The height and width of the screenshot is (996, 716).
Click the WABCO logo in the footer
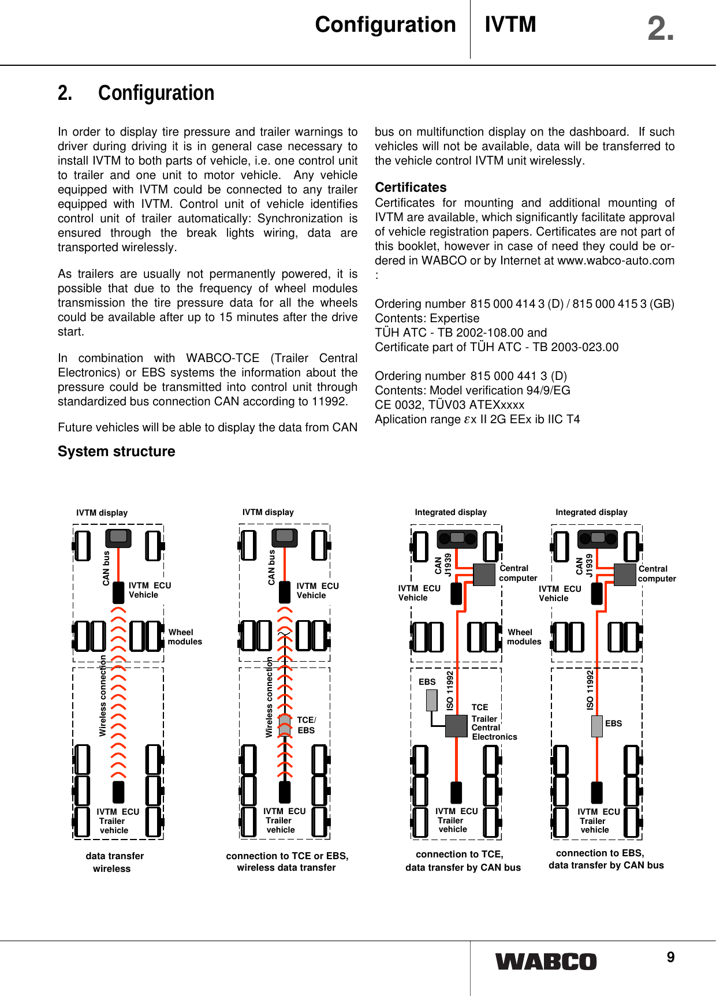(x=546, y=961)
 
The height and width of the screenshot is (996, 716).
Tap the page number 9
(x=670, y=958)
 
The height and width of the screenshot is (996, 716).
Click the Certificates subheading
(x=411, y=187)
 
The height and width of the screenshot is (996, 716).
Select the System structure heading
(x=116, y=452)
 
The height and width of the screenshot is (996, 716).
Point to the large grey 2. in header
(x=660, y=29)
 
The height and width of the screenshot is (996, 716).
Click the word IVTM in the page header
(x=510, y=24)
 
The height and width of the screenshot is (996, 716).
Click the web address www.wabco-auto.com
(x=616, y=260)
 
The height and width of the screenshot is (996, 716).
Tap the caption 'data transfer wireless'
(x=114, y=862)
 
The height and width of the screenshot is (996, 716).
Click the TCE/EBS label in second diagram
(x=307, y=725)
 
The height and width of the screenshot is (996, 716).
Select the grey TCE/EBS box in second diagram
(x=284, y=725)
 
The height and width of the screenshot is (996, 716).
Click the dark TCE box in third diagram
(x=456, y=726)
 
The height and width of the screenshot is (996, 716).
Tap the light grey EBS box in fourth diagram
(x=597, y=726)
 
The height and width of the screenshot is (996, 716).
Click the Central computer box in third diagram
(x=484, y=574)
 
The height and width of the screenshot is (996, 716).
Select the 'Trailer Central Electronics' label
(x=494, y=728)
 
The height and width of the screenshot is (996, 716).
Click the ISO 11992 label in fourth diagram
(x=590, y=690)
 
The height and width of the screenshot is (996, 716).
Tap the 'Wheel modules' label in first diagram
(x=185, y=637)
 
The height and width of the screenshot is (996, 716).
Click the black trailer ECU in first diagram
(x=118, y=792)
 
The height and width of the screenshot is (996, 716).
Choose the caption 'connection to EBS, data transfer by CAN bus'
(x=606, y=859)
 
